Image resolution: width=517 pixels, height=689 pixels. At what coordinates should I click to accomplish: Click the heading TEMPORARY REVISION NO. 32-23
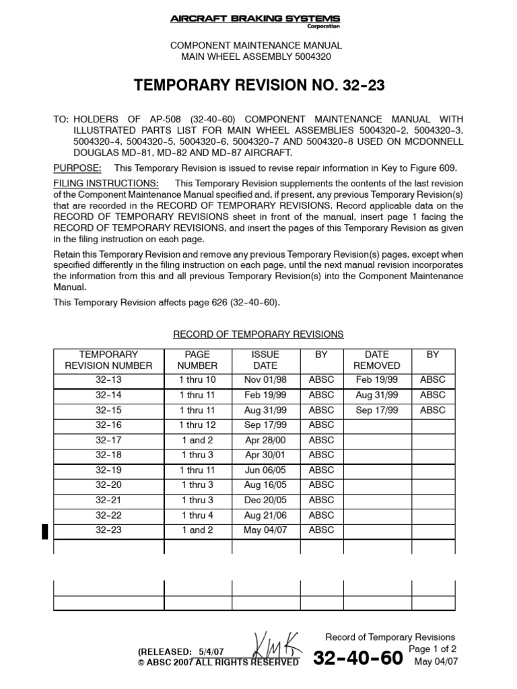pos(258,85)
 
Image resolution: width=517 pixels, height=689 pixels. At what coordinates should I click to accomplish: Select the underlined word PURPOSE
pos(77,168)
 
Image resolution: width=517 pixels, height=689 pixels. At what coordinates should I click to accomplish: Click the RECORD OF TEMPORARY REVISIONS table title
pos(258,334)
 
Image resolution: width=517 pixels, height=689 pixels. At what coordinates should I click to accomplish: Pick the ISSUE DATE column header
pos(265,360)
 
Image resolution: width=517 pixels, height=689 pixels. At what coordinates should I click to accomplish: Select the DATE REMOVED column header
pos(377,360)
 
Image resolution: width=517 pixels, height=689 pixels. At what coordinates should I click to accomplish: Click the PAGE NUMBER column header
pos(197,360)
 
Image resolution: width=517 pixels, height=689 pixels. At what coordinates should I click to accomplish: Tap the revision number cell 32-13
pos(108,379)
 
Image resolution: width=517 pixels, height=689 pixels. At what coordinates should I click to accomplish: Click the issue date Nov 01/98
pos(265,379)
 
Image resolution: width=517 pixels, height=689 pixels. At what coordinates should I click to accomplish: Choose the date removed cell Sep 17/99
pos(377,410)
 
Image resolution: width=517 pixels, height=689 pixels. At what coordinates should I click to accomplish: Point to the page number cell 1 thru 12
pos(197,425)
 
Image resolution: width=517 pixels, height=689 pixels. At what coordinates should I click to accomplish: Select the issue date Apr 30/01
pos(265,455)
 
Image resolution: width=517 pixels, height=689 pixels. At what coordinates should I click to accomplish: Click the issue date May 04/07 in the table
pos(265,530)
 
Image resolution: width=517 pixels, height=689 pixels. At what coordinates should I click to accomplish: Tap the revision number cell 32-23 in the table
pos(108,530)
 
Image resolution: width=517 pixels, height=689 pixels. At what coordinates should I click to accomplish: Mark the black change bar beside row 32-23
pos(45,531)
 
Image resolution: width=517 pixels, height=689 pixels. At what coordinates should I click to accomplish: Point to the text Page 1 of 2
pos(432,649)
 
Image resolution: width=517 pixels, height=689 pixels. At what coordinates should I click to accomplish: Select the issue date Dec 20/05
pos(265,500)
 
